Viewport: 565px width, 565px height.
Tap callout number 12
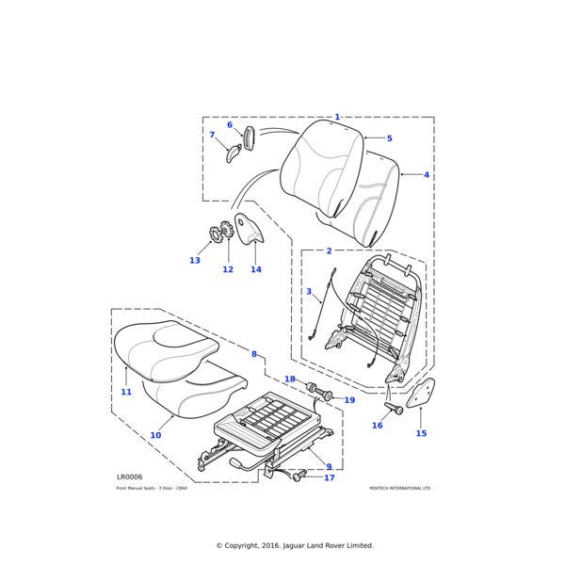tap(228, 269)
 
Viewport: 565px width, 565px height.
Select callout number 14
tap(255, 269)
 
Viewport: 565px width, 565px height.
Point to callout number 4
tap(426, 175)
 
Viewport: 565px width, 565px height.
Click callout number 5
tap(389, 138)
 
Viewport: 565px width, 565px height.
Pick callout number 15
tap(421, 433)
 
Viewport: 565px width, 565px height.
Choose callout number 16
tap(378, 426)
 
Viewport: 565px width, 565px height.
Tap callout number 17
tap(330, 477)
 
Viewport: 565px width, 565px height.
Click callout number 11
tap(126, 392)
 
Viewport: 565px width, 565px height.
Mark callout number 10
tap(155, 435)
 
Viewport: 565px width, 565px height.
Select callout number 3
tap(308, 292)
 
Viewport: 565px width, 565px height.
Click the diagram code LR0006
tap(130, 477)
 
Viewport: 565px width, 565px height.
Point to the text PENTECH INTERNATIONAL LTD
tap(399, 489)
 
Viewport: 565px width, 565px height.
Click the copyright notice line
tap(295, 545)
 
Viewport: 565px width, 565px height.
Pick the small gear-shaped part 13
tap(216, 234)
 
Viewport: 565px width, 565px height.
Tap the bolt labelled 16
tap(395, 410)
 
